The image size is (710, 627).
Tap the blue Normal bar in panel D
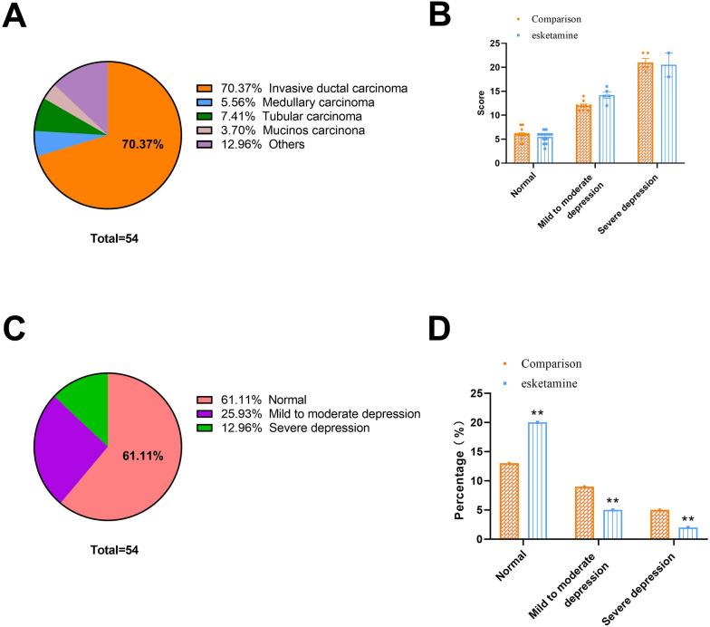tap(538, 480)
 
